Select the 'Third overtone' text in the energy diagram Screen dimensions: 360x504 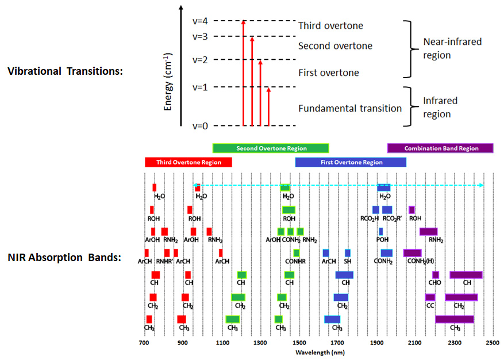[330, 26]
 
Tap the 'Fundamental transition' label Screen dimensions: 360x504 [350, 108]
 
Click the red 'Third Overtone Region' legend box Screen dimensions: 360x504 [188, 163]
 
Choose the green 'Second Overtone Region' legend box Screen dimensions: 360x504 [271, 148]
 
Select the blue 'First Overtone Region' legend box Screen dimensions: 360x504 [351, 163]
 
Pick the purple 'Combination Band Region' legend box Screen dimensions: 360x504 [441, 148]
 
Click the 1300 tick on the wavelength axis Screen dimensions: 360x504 [261, 342]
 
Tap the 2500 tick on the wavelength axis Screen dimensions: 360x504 [493, 342]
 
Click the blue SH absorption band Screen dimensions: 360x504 [348, 253]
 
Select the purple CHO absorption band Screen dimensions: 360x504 [436, 275]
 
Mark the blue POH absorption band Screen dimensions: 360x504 [380, 231]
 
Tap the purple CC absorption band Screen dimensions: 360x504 [430, 297]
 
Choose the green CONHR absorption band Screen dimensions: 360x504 [297, 253]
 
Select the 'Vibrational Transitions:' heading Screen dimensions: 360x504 [66, 71]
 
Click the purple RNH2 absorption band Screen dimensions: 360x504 [429, 231]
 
